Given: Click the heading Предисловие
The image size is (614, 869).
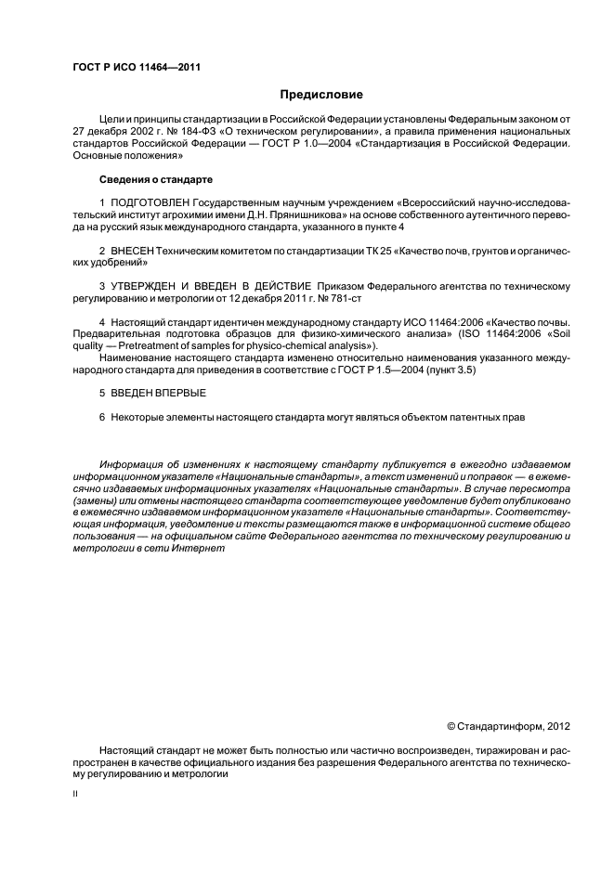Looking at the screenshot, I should click(321, 95).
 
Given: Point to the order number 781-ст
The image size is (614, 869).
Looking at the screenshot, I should click(344, 298).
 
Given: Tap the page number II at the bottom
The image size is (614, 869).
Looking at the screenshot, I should click(76, 795).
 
